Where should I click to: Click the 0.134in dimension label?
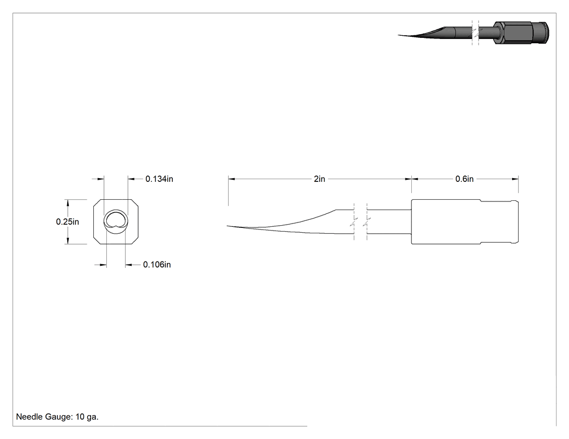click(159, 179)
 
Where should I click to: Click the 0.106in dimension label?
click(157, 265)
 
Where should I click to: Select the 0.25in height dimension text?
click(68, 222)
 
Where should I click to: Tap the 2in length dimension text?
click(319, 179)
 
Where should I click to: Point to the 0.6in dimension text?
click(464, 179)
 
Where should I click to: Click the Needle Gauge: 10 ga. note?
click(57, 417)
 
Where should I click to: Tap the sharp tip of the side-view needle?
click(228, 226)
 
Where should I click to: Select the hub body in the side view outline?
click(446, 221)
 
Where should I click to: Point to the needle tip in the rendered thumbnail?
click(399, 35)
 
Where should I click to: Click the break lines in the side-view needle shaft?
click(360, 221)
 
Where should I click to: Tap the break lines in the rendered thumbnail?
click(475, 32)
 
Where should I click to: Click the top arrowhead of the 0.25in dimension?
click(68, 203)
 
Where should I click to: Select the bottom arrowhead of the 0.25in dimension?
click(68, 240)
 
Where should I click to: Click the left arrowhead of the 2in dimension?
click(232, 179)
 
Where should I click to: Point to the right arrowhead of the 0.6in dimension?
click(515, 179)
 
